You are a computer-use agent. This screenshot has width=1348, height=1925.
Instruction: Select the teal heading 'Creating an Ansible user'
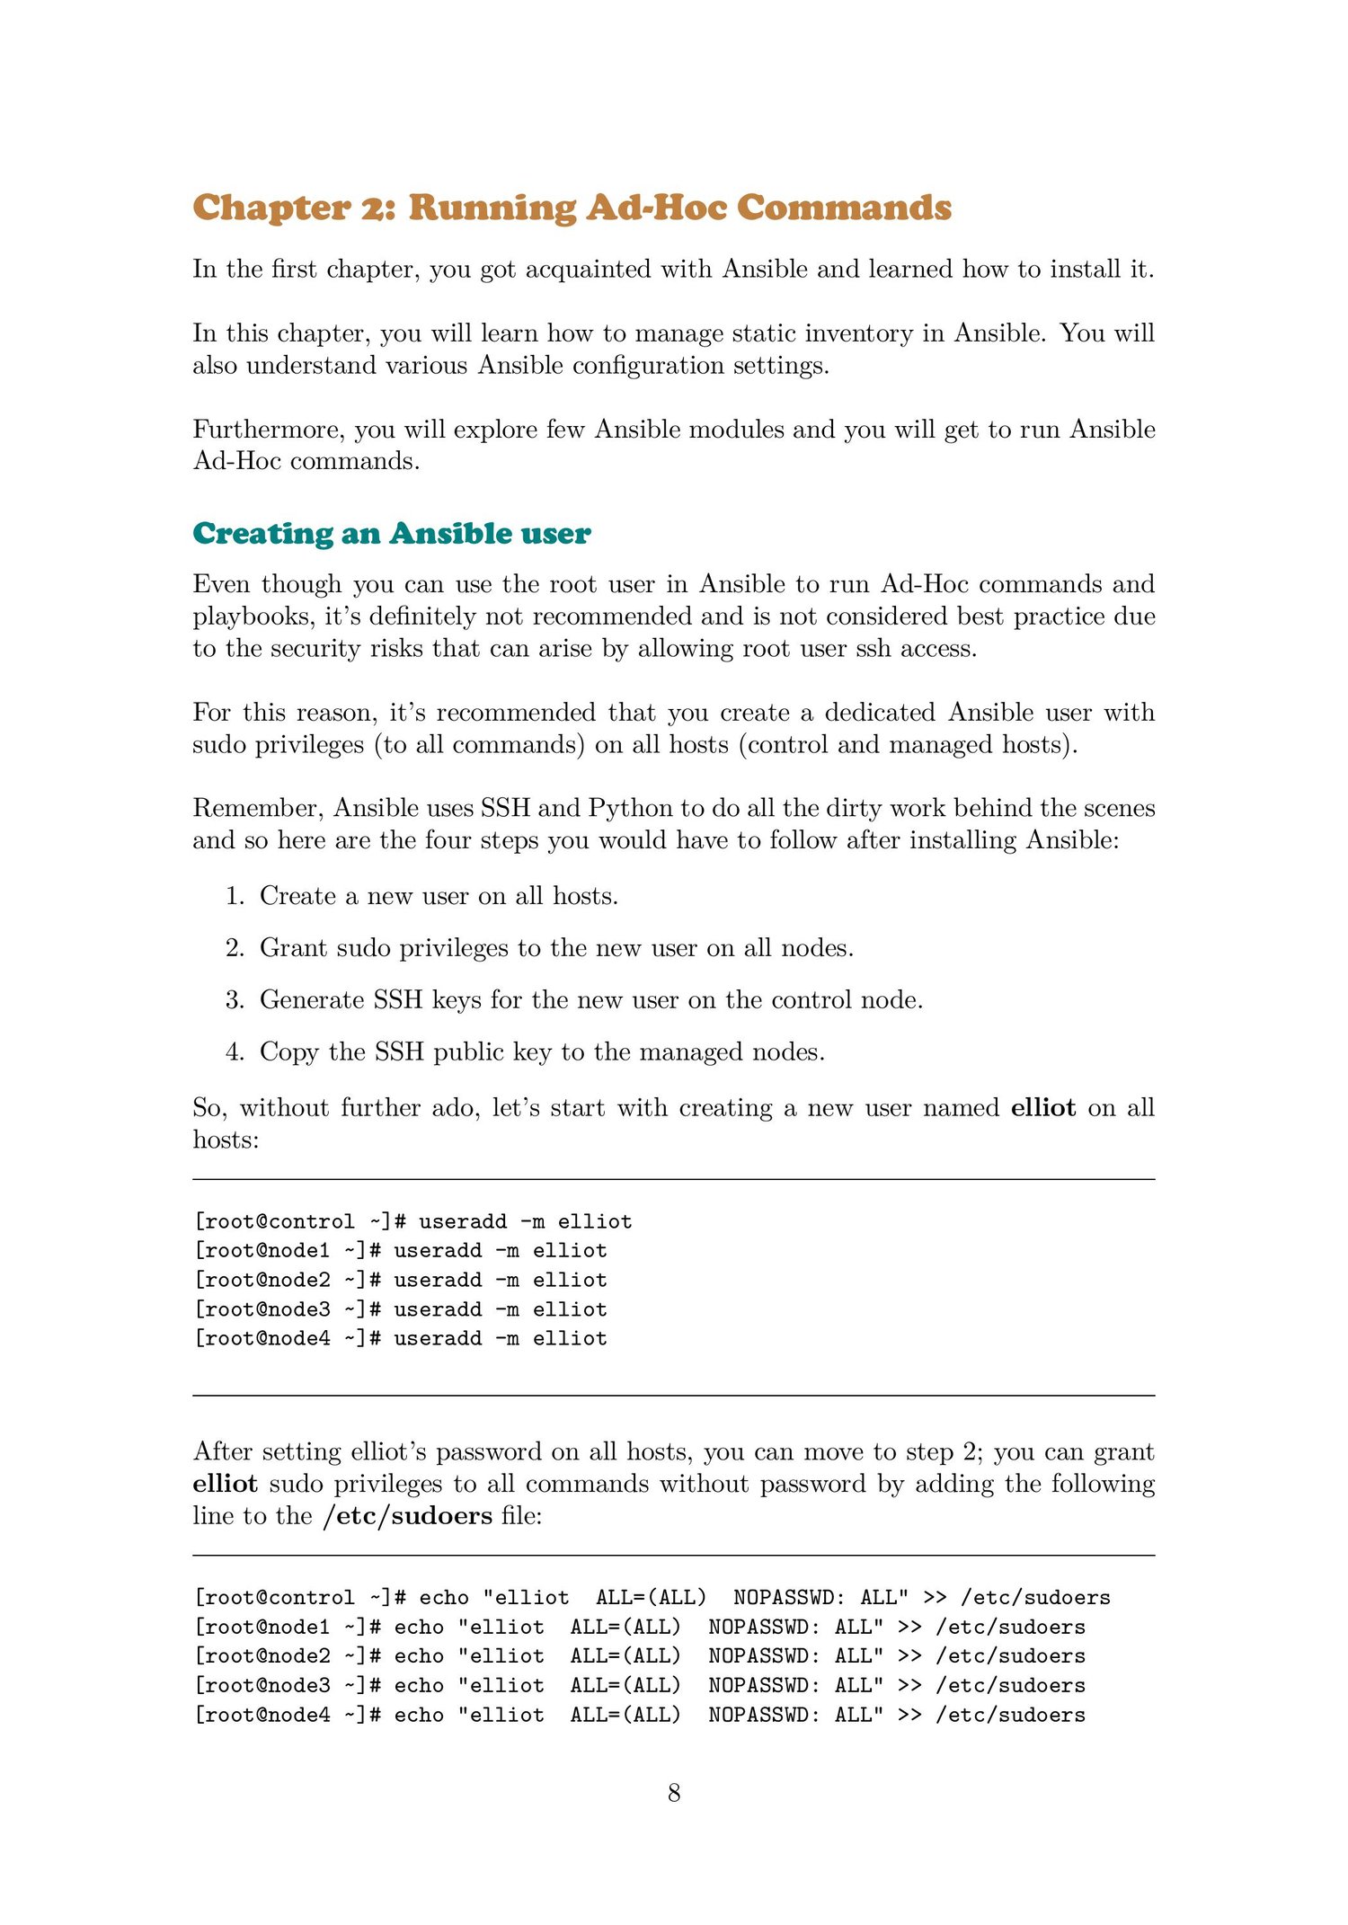point(392,534)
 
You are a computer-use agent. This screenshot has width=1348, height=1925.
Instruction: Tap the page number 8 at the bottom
point(674,1794)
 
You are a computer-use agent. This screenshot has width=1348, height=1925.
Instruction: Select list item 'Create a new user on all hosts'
point(439,896)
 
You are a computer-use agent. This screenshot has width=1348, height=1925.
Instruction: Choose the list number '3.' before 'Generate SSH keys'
point(235,1000)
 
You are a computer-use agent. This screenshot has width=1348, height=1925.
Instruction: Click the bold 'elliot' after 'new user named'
point(1042,1108)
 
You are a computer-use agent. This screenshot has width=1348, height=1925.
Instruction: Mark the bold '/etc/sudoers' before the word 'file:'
point(407,1516)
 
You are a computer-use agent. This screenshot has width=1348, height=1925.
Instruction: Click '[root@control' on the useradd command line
point(274,1222)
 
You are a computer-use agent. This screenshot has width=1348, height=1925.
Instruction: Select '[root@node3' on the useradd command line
point(262,1309)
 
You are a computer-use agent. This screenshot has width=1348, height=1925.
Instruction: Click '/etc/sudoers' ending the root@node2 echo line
point(1010,1656)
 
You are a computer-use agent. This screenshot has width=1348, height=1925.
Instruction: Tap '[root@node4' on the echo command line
point(262,1716)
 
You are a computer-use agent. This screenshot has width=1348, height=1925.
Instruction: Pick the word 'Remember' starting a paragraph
point(256,808)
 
